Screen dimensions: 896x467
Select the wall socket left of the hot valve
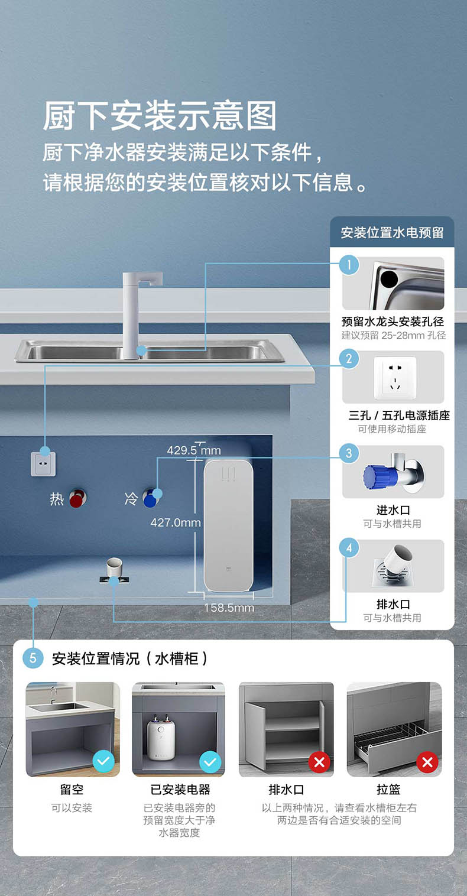pyautogui.click(x=43, y=463)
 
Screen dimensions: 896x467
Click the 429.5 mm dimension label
pyautogui.click(x=193, y=450)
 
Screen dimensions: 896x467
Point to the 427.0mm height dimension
pyautogui.click(x=175, y=522)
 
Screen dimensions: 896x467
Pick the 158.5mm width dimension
pyautogui.click(x=229, y=608)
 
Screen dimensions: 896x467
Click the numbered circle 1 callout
pyautogui.click(x=349, y=265)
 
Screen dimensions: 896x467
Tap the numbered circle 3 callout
pyautogui.click(x=349, y=453)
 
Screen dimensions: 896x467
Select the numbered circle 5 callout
pyautogui.click(x=33, y=658)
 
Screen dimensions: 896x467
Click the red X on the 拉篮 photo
pyautogui.click(x=427, y=762)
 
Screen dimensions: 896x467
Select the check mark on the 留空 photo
pyautogui.click(x=103, y=762)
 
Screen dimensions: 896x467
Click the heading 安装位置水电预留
pyautogui.click(x=392, y=232)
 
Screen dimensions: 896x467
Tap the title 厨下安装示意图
pyautogui.click(x=160, y=116)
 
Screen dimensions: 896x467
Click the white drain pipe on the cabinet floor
pyautogui.click(x=114, y=568)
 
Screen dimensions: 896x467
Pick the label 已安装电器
pyautogui.click(x=180, y=790)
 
